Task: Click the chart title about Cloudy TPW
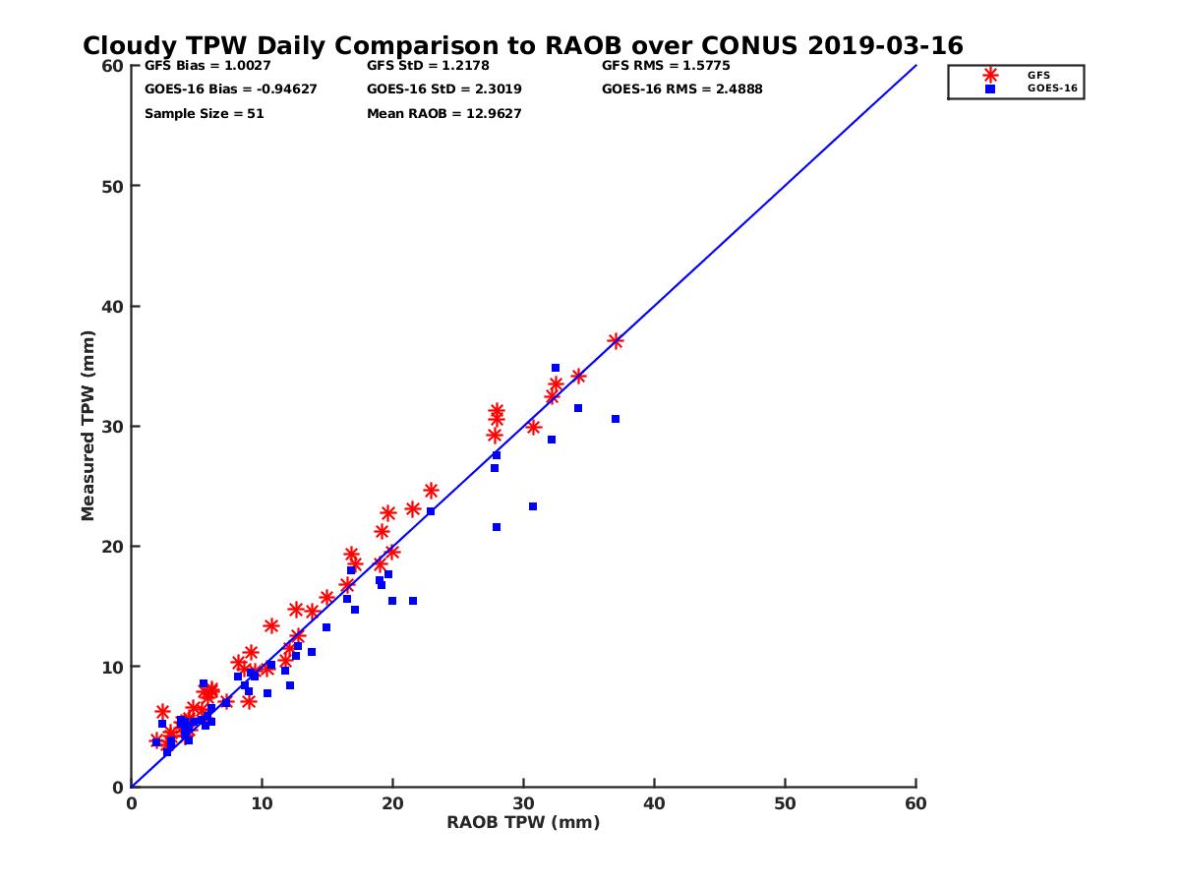tap(522, 46)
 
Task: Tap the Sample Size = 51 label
tap(204, 114)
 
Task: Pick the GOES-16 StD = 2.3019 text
tap(443, 89)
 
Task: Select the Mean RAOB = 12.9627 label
tap(443, 114)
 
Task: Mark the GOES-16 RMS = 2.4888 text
tap(681, 89)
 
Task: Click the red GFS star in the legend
tap(990, 76)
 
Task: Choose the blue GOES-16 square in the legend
tap(990, 88)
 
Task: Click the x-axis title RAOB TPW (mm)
tap(523, 823)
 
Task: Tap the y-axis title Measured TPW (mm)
tap(88, 426)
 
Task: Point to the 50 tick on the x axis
tap(785, 803)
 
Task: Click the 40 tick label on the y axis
tap(115, 307)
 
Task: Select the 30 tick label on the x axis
tap(523, 803)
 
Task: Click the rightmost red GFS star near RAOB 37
tap(616, 341)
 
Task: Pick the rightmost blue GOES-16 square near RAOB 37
tap(616, 419)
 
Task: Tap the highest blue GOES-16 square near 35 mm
tap(556, 368)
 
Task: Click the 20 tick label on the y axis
tap(115, 547)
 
